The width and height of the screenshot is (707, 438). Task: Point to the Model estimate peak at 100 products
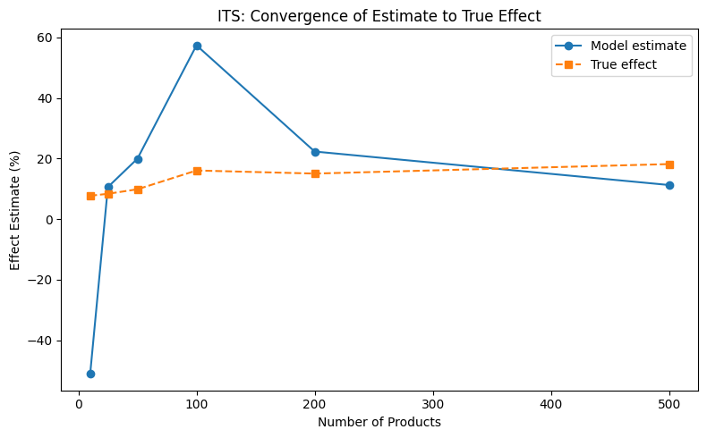click(x=197, y=46)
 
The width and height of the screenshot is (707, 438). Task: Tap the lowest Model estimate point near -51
click(x=90, y=374)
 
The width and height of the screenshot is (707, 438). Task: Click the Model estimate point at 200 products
click(x=315, y=152)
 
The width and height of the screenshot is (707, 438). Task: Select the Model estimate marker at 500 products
click(x=669, y=185)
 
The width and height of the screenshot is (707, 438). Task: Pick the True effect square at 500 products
click(x=669, y=164)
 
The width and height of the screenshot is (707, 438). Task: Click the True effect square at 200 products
click(x=315, y=173)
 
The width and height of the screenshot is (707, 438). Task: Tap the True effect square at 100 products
click(x=197, y=171)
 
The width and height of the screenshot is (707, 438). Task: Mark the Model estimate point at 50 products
click(x=138, y=159)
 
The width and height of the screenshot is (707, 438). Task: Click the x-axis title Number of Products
click(x=379, y=422)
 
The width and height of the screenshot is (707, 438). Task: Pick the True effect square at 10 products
click(x=90, y=196)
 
